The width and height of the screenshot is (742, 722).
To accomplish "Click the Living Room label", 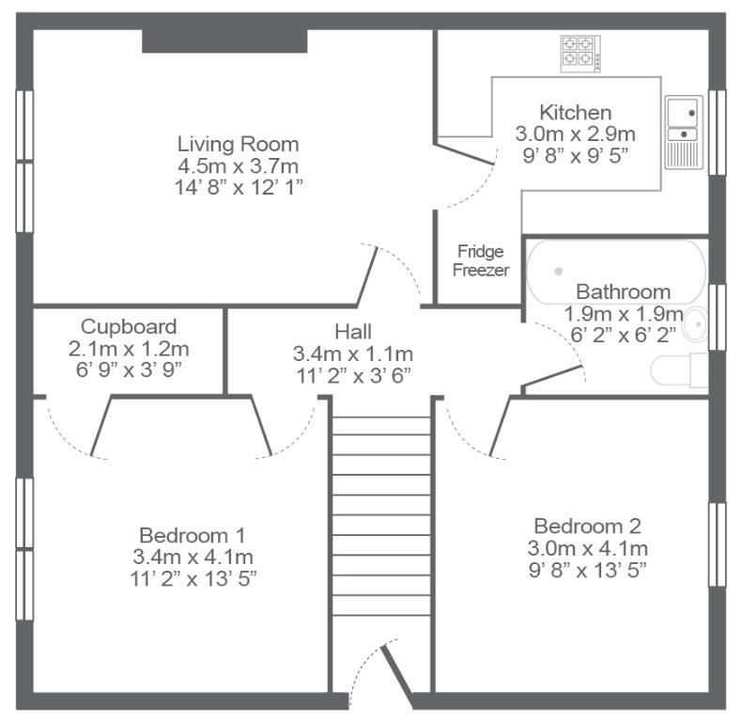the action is [238, 144].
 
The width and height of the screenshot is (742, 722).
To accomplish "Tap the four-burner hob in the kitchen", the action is [580, 54].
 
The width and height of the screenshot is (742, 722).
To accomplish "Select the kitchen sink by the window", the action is [684, 133].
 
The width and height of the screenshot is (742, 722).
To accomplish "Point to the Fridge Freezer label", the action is [480, 260].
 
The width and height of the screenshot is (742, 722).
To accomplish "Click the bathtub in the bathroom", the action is [616, 272].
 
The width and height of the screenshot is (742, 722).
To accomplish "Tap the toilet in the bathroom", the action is [679, 370].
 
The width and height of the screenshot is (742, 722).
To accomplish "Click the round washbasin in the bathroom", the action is [696, 324].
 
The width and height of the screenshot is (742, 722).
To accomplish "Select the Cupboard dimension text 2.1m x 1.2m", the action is [129, 349].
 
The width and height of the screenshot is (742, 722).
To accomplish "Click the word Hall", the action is [353, 332].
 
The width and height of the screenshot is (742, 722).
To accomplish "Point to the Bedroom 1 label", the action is [193, 535].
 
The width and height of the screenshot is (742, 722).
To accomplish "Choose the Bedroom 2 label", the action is [588, 526].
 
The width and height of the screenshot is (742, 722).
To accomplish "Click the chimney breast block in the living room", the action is [224, 41].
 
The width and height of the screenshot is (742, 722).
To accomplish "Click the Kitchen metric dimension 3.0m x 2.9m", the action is [576, 133].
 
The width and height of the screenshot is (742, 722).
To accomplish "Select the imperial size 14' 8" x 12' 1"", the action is [239, 187].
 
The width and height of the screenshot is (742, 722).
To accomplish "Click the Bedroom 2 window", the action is [717, 545].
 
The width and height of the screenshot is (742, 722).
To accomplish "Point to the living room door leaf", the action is [367, 275].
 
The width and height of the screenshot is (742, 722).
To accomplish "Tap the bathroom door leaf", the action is [552, 376].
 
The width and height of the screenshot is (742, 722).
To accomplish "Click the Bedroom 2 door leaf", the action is [501, 427].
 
